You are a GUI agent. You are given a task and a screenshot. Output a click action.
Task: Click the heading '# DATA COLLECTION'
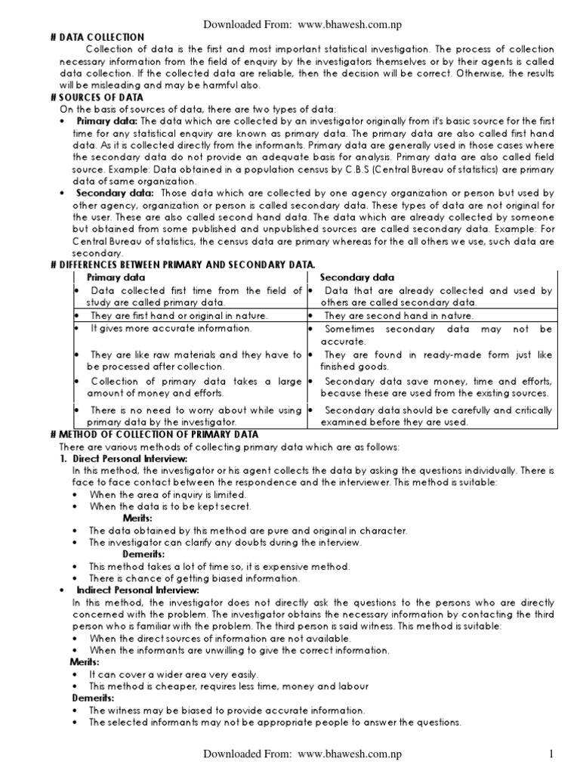(102, 37)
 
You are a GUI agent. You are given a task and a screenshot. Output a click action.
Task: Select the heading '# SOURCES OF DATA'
(101, 98)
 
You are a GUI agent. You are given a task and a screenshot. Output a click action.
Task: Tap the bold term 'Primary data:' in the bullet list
(106, 121)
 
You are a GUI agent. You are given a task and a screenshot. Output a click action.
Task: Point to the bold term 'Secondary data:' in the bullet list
(113, 193)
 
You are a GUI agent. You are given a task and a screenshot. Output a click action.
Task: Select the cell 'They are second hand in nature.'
(399, 315)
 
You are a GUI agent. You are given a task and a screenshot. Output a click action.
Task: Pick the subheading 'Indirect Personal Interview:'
(137, 590)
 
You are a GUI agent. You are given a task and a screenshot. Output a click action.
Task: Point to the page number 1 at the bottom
(552, 754)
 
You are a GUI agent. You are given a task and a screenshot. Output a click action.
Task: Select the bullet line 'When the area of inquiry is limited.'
(168, 494)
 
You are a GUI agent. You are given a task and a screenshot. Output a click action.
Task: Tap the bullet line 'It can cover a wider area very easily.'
(174, 673)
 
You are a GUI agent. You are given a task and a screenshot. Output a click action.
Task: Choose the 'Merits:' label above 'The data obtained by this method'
(137, 518)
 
